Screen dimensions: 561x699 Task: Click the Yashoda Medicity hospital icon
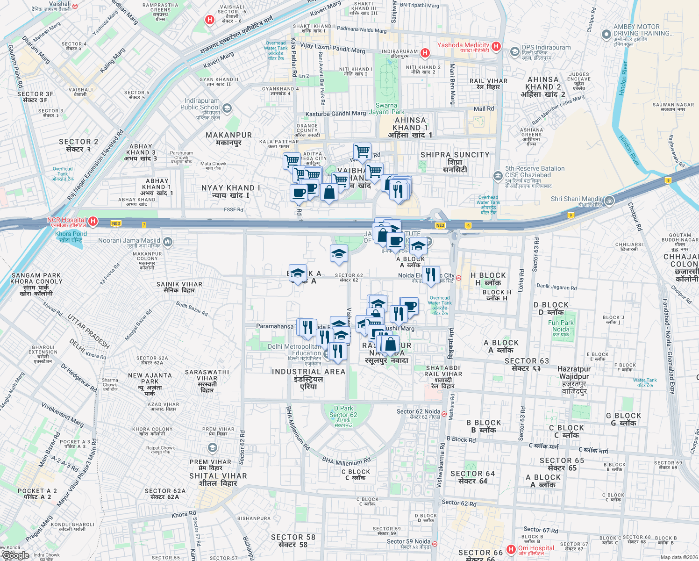coord(496,46)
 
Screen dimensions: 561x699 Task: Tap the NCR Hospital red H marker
coord(93,221)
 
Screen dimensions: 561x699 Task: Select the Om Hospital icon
coord(511,549)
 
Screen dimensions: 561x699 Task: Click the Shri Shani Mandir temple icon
coord(609,201)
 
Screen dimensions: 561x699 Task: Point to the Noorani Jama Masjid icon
coord(168,242)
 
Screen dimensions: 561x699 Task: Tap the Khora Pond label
coord(71,237)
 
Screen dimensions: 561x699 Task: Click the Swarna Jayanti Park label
coord(386,108)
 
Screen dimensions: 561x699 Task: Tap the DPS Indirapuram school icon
coord(514,51)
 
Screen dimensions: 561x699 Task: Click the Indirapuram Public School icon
coord(227,108)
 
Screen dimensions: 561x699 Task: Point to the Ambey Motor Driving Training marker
coord(606,34)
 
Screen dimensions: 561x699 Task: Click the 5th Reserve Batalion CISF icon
coord(498,176)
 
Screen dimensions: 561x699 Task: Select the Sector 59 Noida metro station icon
coord(435,544)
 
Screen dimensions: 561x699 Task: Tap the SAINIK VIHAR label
coord(179,287)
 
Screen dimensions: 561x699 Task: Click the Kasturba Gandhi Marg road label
coord(335,114)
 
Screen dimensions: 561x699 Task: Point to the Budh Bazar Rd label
coord(192,309)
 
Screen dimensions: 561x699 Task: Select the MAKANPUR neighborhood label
coord(229,138)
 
